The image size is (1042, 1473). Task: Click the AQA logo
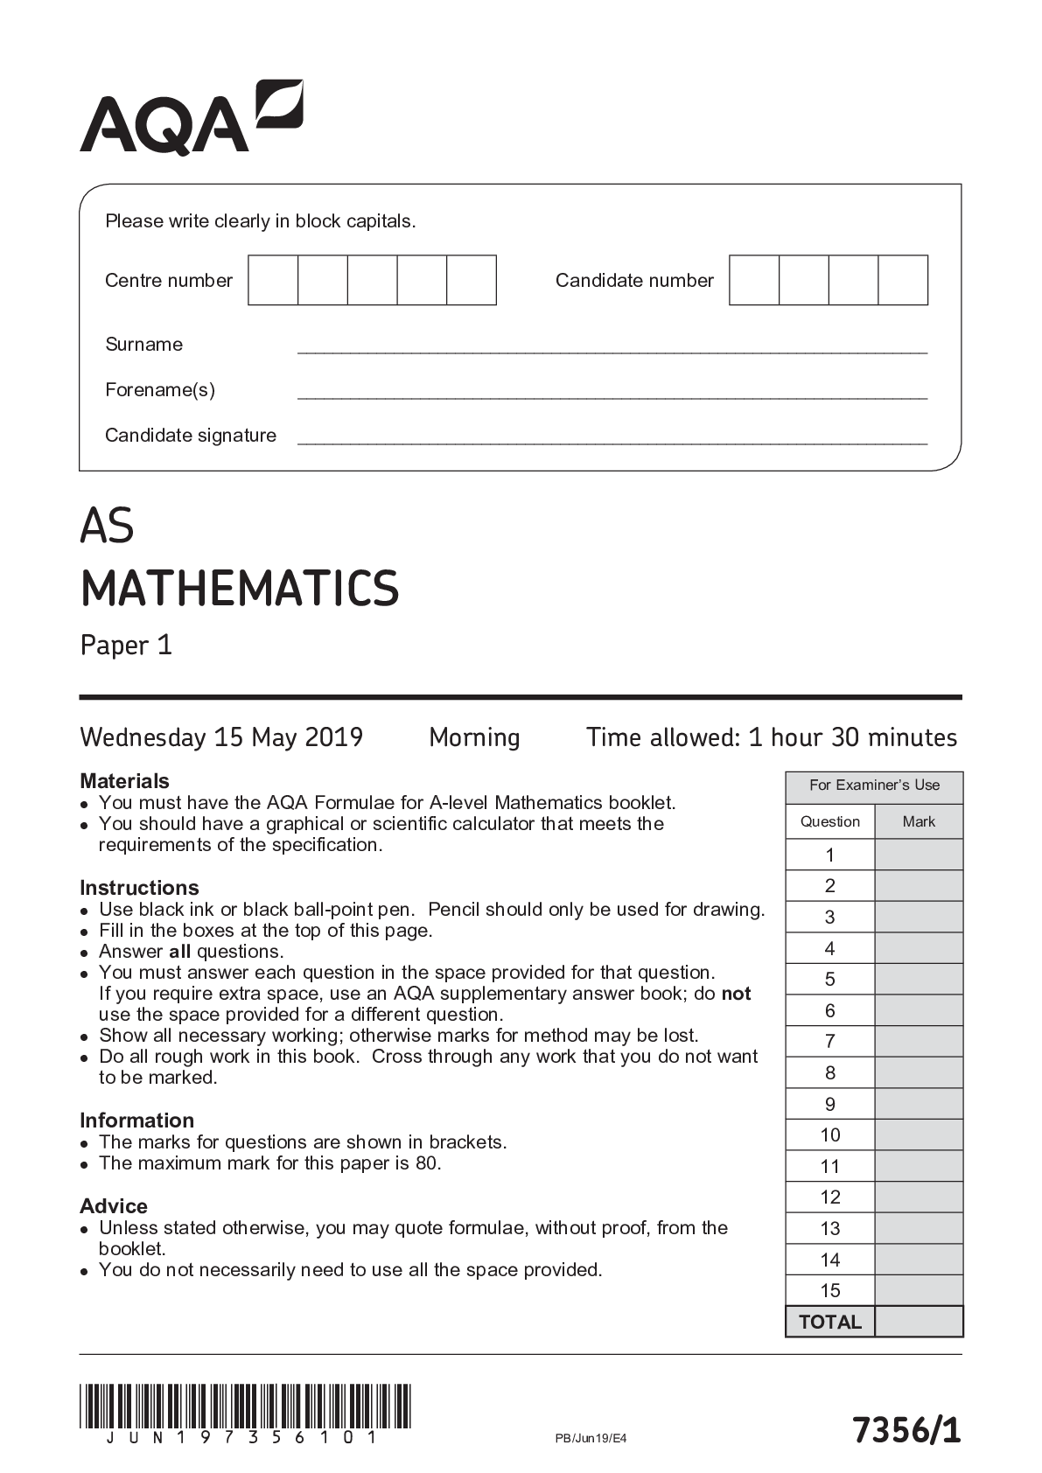point(192,118)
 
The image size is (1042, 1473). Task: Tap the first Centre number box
point(273,281)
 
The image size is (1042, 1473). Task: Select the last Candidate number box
point(903,281)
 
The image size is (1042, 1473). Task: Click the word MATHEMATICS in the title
point(240,589)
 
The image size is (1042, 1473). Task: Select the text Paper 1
point(126,646)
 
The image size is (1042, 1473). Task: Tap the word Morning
point(474,737)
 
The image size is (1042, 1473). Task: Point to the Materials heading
point(124,780)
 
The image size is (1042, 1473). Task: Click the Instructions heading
point(139,887)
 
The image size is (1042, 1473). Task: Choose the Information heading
point(136,1120)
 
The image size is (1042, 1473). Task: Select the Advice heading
point(114,1205)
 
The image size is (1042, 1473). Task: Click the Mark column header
point(919,821)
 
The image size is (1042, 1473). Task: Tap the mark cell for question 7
point(919,1041)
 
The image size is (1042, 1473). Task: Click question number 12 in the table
point(829,1197)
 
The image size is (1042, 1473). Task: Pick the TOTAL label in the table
point(829,1322)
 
